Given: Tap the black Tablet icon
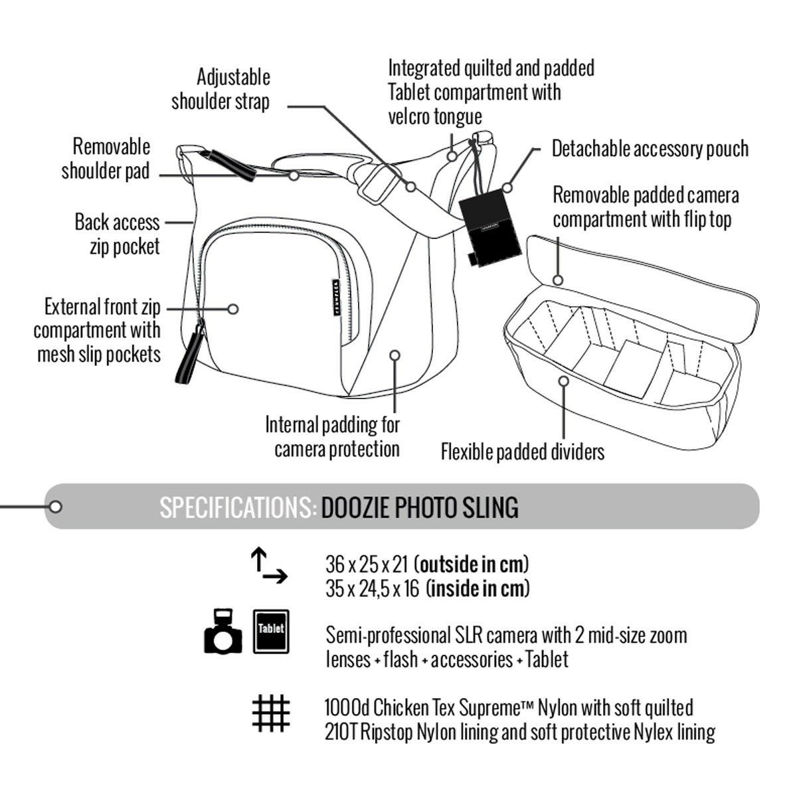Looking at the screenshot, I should pos(270,632).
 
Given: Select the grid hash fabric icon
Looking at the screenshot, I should pos(271,714).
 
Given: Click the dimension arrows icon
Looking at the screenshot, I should pos(268,565).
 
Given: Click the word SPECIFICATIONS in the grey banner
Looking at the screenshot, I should pos(237,508).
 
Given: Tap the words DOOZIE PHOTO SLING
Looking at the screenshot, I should pos(420,508).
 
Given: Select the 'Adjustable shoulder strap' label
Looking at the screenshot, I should pos(221,89).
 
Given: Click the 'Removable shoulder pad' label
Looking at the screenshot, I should pos(106,159).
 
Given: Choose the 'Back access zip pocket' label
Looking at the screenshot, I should pos(117,234).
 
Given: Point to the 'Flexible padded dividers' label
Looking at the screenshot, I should pos(523,452).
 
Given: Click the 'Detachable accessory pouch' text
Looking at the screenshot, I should pos(650,149).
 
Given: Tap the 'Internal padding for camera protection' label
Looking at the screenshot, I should pos(333,436).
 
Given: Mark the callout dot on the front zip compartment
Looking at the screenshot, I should pos(232,309).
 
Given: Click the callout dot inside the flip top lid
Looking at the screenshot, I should pos(558,280).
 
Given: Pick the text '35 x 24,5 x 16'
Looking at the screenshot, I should pos(372,589).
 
